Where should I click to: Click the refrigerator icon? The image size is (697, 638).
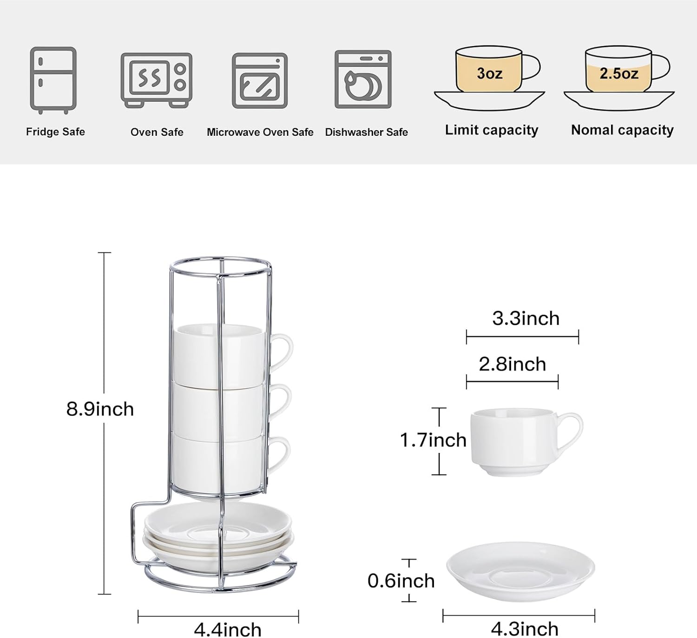(53, 80)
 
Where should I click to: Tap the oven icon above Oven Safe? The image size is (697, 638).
(156, 80)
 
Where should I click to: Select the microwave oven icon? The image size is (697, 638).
(260, 80)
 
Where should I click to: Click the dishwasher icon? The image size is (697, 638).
(363, 80)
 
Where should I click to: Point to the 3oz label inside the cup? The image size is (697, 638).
(490, 73)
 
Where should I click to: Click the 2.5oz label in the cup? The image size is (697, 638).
(619, 73)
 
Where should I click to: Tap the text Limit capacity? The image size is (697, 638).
(492, 130)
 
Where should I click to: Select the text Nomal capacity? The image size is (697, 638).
(622, 130)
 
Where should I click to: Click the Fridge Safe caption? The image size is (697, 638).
(56, 132)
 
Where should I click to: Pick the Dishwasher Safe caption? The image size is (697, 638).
(367, 132)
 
